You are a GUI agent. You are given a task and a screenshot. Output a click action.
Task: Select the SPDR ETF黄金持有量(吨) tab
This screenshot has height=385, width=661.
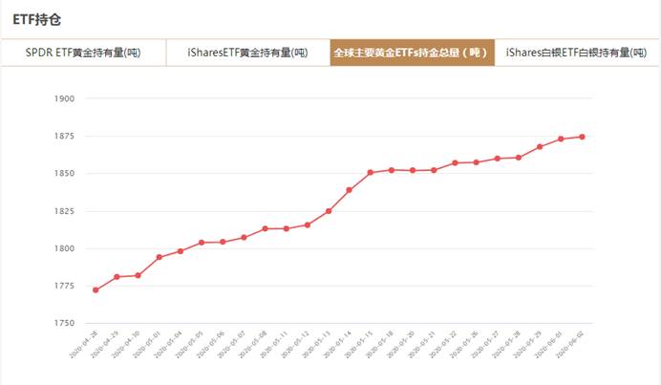point(83,53)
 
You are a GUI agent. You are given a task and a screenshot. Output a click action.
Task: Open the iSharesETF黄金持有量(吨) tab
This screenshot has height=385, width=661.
point(247,53)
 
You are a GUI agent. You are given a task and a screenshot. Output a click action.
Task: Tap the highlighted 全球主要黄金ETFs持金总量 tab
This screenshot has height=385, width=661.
point(412,53)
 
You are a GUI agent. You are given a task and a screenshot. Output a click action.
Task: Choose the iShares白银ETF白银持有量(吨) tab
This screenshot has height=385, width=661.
point(576,53)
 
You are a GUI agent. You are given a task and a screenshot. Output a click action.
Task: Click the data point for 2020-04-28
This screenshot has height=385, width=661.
point(96,289)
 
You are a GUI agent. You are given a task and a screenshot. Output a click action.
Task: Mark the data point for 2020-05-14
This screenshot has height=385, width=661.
point(350,190)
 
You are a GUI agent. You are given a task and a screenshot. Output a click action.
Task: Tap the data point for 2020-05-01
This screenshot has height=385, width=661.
point(159,257)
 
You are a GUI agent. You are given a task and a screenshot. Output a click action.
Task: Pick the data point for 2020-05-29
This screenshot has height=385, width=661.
point(540,146)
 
